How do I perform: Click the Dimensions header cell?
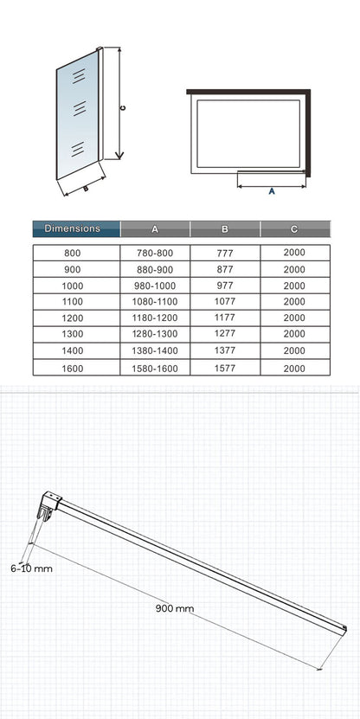tap(76, 228)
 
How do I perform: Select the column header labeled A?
tap(155, 228)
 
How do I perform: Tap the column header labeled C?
tap(295, 228)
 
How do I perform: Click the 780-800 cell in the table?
tap(155, 253)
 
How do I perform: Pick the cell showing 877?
tap(225, 269)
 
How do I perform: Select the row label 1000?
tap(73, 286)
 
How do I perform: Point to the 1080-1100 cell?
tap(155, 302)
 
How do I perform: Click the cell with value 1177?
tap(225, 318)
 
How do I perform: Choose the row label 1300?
tap(73, 334)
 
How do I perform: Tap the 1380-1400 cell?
tap(155, 350)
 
